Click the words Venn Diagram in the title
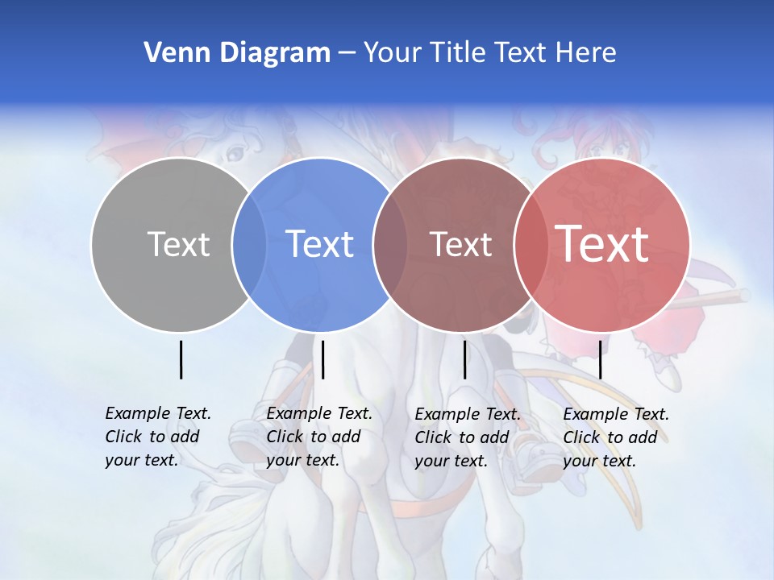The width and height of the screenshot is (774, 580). tap(237, 53)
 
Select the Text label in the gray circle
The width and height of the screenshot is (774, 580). tap(178, 244)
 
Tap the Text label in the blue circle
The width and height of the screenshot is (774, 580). tap(320, 244)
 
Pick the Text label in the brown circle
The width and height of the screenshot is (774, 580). tap(460, 244)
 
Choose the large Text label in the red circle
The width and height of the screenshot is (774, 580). tap(602, 244)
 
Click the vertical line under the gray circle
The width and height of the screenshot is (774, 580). tap(181, 359)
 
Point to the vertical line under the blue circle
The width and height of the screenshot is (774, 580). tap(322, 359)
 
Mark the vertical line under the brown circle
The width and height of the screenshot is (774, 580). tap(464, 359)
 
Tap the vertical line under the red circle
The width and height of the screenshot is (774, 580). tap(600, 359)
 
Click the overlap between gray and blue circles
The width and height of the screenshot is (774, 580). tap(249, 244)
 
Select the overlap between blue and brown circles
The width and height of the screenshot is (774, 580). tap(390, 244)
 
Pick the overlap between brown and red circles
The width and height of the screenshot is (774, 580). tap(531, 244)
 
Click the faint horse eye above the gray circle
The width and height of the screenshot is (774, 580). tap(235, 151)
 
